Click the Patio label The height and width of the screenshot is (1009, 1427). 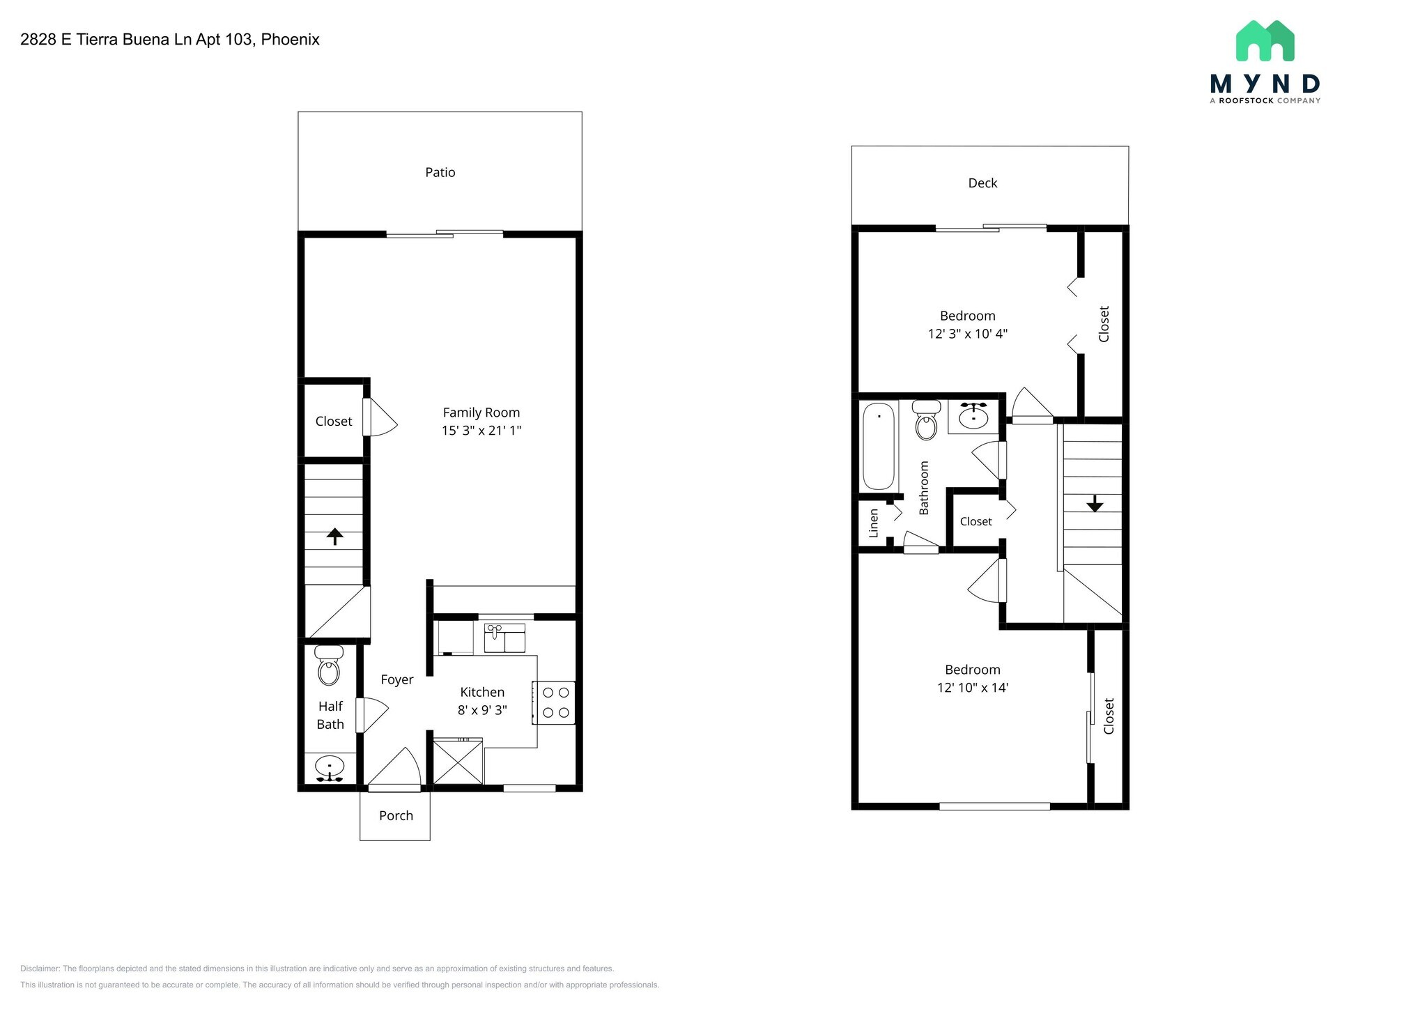[x=440, y=172]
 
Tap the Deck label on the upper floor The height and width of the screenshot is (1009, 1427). [x=982, y=183]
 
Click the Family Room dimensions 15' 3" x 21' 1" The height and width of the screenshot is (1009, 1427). [x=481, y=431]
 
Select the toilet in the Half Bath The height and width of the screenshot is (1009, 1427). [x=328, y=667]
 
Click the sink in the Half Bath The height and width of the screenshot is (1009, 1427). [x=329, y=768]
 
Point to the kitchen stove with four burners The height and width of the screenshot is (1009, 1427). [x=555, y=702]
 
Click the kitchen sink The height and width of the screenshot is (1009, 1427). [x=504, y=638]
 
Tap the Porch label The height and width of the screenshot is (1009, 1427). [x=396, y=816]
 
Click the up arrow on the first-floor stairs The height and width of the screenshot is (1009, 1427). [x=335, y=536]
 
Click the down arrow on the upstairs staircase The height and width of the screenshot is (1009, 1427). [x=1094, y=503]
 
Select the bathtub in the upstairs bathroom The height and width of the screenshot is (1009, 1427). [x=878, y=446]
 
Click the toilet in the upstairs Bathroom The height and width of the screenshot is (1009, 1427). [x=926, y=421]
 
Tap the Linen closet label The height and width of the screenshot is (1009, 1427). [x=874, y=523]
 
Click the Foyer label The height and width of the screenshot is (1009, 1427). [x=396, y=680]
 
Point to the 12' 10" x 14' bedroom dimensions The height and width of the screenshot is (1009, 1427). [x=973, y=688]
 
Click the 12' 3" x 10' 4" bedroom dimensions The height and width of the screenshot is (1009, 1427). [x=967, y=334]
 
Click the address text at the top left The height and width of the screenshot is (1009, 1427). [x=170, y=40]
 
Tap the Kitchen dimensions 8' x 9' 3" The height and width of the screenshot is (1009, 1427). [x=481, y=711]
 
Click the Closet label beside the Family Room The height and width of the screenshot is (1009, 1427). [x=333, y=422]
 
